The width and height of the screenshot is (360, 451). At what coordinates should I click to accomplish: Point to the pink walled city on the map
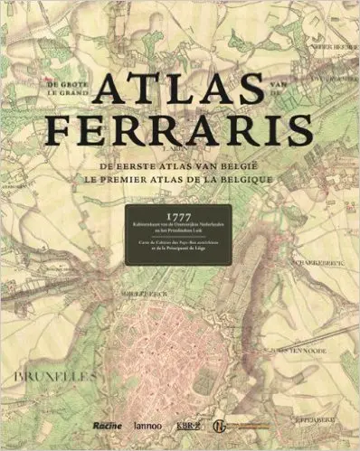pyautogui.click(x=181, y=362)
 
